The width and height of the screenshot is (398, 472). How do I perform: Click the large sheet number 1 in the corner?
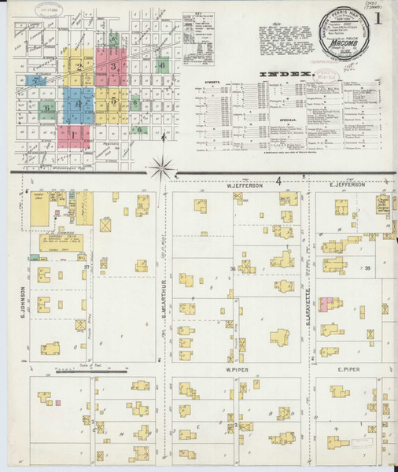click(x=380, y=18)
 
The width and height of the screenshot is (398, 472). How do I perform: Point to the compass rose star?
click(x=163, y=167)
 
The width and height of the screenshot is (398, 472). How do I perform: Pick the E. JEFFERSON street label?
click(x=347, y=185)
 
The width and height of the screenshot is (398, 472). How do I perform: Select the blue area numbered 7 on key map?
click(x=35, y=79)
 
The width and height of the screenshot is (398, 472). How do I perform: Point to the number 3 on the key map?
click(x=114, y=68)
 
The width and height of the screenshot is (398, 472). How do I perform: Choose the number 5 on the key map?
click(x=116, y=99)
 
